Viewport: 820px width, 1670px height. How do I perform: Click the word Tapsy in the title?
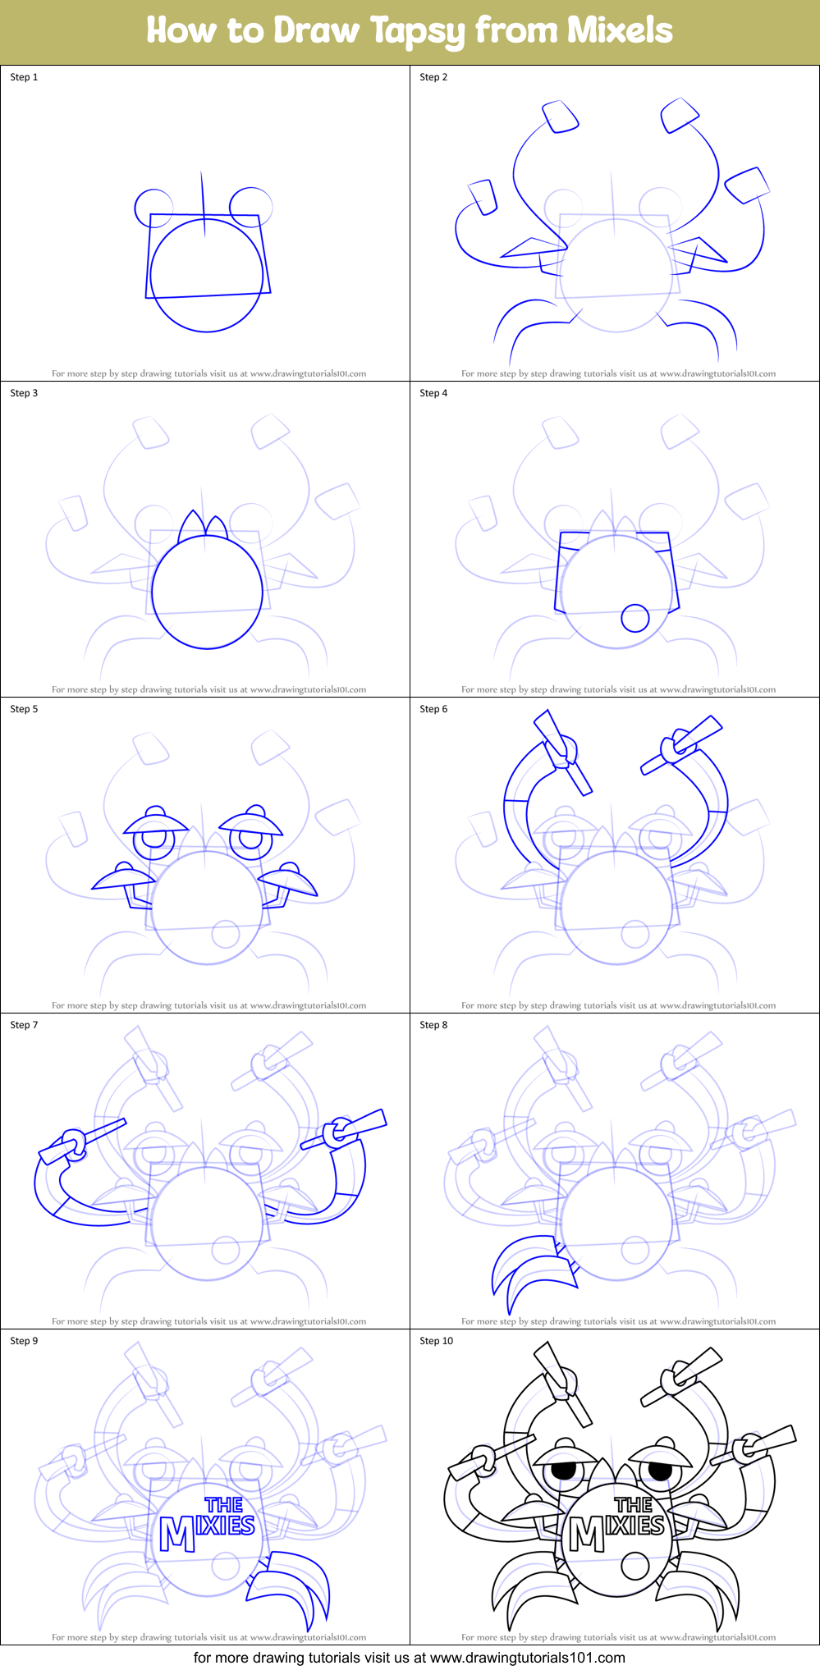coord(418,31)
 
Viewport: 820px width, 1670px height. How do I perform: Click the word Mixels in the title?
coord(619,30)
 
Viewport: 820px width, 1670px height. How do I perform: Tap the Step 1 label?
coord(24,77)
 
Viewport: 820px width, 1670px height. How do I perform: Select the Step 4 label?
coord(433,393)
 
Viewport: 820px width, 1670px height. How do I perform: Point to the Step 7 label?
coord(24,1025)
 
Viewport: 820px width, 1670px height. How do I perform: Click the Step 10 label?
coord(436,1341)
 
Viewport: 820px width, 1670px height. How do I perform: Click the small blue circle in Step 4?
coord(634,618)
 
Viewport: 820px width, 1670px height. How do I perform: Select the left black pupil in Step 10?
coord(564,1471)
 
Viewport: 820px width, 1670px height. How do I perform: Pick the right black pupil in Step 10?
coord(661,1469)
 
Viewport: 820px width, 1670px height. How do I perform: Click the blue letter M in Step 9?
coord(177,1534)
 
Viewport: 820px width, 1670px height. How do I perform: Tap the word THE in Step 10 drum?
coord(633,1504)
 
